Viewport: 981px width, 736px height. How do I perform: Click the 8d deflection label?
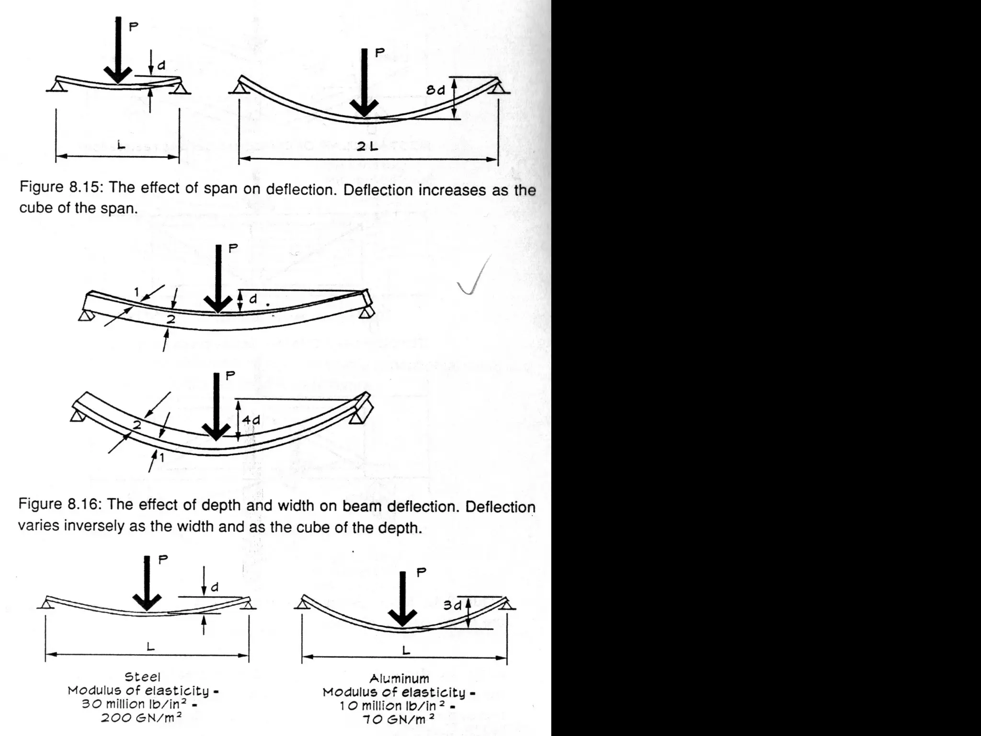pyautogui.click(x=435, y=90)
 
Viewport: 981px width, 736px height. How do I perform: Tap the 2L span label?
pyautogui.click(x=367, y=147)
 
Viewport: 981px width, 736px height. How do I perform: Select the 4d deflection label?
pyautogui.click(x=251, y=420)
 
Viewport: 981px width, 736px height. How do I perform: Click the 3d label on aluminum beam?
pyautogui.click(x=452, y=605)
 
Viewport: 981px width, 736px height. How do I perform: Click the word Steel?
pyautogui.click(x=142, y=677)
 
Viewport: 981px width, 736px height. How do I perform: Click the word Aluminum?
pyautogui.click(x=399, y=678)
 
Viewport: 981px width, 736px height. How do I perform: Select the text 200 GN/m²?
pyautogui.click(x=141, y=718)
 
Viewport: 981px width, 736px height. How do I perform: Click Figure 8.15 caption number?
pyautogui.click(x=86, y=187)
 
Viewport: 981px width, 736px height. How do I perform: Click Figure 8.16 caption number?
pyautogui.click(x=84, y=504)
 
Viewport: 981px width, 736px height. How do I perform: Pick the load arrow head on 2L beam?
pyautogui.click(x=364, y=107)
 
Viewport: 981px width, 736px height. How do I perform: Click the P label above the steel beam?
pyautogui.click(x=163, y=559)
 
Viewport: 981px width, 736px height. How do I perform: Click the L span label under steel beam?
pyautogui.click(x=150, y=646)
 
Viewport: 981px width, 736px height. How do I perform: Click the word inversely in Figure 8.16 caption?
pyautogui.click(x=90, y=526)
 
